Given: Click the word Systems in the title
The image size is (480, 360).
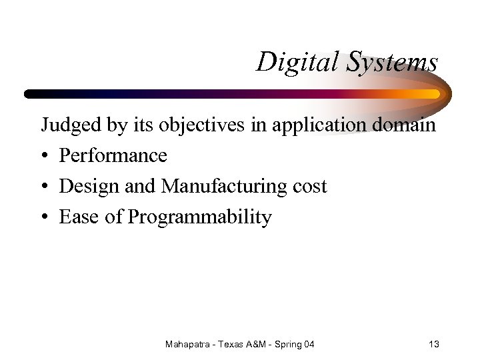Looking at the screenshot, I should point(391,63).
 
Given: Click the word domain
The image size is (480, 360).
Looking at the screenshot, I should point(407,124).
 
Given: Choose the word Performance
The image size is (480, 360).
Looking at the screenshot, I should point(113,156).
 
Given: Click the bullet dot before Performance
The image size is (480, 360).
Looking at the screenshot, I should point(45,157).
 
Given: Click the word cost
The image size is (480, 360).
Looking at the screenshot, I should point(310,187).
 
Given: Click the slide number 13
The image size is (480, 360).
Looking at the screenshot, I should point(433,344).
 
